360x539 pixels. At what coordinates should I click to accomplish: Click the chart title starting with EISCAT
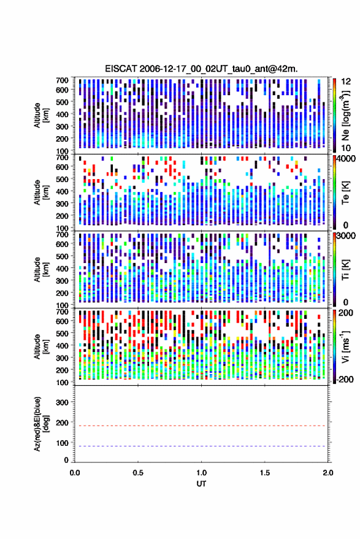tap(202, 69)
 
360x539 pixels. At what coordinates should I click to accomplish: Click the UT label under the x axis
tap(202, 484)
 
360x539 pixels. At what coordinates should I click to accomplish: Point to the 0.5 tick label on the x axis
tap(138, 473)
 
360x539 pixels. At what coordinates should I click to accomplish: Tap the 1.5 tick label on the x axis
tap(265, 473)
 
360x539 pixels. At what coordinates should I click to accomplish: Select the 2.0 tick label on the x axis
tap(328, 473)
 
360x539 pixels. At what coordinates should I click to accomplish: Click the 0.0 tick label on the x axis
tap(75, 473)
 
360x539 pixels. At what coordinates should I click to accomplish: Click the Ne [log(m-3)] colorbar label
tap(345, 115)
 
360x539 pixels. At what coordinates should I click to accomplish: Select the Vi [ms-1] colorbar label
tap(345, 346)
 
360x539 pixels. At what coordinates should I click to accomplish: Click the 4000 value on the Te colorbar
tap(347, 159)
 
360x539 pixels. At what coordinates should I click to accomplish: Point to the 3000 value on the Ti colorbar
tap(347, 236)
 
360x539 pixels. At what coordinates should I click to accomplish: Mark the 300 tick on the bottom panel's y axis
tap(62, 402)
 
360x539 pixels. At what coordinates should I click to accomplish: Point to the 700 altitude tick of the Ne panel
tap(62, 80)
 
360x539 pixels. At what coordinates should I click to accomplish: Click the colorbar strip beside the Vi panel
tap(334, 346)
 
